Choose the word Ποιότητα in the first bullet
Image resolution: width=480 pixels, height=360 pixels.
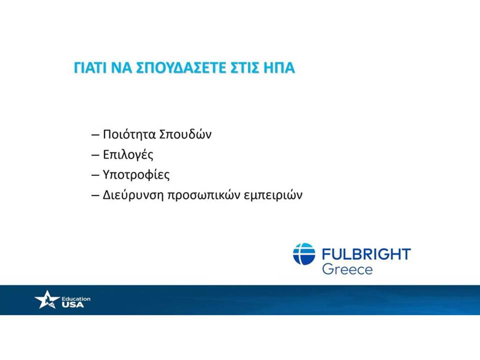pyautogui.click(x=129, y=134)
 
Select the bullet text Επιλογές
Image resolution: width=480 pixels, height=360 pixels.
pyautogui.click(x=128, y=155)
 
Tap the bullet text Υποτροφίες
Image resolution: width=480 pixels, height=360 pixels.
pyautogui.click(x=136, y=175)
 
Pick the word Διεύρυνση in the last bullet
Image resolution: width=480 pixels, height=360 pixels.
pyautogui.click(x=133, y=195)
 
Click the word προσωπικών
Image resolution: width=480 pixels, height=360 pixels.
pyautogui.click(x=203, y=195)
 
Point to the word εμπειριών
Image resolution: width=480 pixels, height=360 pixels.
pyautogui.click(x=273, y=195)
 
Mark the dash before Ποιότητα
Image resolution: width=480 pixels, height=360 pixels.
pyautogui.click(x=95, y=135)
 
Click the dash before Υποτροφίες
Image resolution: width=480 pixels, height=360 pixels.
pyautogui.click(x=95, y=175)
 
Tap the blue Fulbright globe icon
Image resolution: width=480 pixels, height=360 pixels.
pyautogui.click(x=304, y=254)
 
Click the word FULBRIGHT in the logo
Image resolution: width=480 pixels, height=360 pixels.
pyautogui.click(x=366, y=254)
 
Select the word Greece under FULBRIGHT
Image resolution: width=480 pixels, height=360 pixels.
pyautogui.click(x=347, y=269)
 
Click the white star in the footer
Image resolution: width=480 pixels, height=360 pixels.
pyautogui.click(x=47, y=299)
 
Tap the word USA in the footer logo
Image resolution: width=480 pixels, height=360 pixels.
pyautogui.click(x=72, y=304)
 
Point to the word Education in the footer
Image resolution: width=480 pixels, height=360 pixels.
pyautogui.click(x=76, y=298)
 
